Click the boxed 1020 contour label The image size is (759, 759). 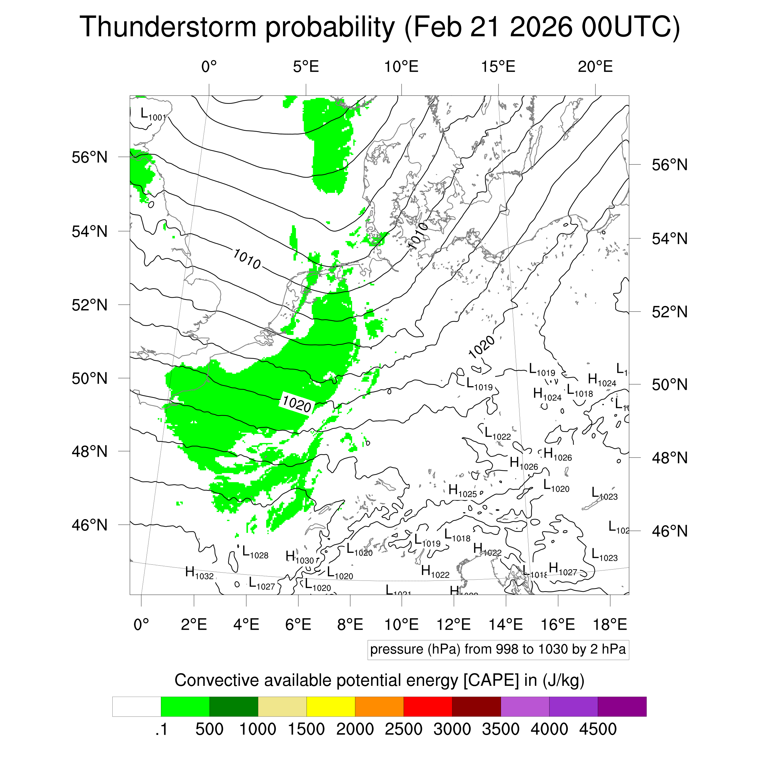[297, 403]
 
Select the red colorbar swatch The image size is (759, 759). [428, 707]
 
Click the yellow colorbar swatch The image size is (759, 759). [331, 707]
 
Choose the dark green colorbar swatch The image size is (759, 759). [234, 707]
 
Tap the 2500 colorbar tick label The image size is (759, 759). [403, 730]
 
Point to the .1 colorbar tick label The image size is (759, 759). [162, 730]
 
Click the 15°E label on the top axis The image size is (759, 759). [498, 67]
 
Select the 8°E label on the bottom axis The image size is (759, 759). [350, 624]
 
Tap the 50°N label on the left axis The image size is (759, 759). [90, 378]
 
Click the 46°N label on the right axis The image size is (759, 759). [669, 531]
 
